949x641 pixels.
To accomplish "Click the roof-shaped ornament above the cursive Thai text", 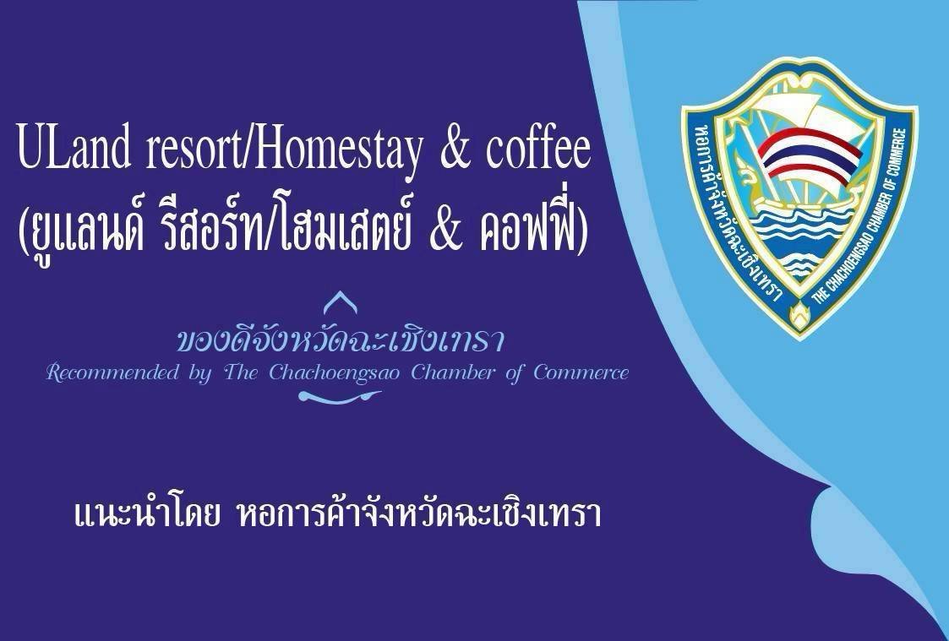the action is point(340,301).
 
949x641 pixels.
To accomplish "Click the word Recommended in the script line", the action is point(112,372).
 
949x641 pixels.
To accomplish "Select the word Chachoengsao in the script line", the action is point(334,374).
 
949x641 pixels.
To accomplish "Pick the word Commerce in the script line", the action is point(581,372).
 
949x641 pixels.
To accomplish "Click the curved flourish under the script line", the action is point(339,397).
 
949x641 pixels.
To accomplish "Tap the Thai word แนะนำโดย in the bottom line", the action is point(146,516).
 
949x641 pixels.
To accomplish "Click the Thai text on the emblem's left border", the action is point(734,209).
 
